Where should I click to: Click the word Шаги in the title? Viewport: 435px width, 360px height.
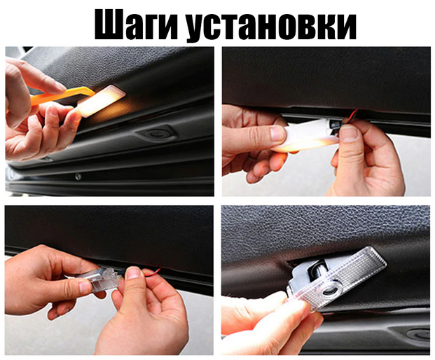(136, 25)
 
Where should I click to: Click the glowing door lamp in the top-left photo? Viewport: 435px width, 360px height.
(101, 101)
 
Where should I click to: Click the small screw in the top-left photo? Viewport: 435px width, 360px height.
(78, 176)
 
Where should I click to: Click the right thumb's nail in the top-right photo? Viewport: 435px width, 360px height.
(349, 132)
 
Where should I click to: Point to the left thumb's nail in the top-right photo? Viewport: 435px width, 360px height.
(277, 133)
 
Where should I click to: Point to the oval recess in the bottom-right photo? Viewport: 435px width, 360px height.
(420, 334)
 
